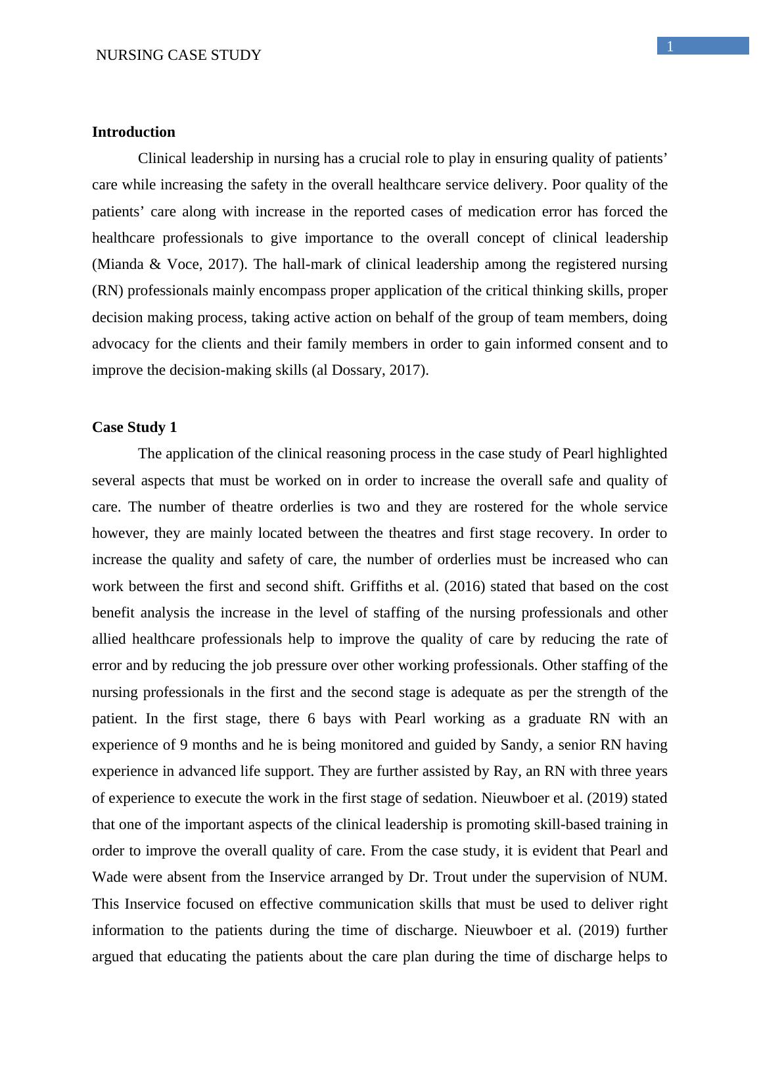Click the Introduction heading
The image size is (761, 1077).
click(133, 132)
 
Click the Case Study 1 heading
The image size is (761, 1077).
click(134, 427)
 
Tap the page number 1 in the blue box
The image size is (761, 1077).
click(670, 46)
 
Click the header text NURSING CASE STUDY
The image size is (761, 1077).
click(178, 55)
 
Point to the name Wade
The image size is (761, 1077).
click(109, 877)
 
